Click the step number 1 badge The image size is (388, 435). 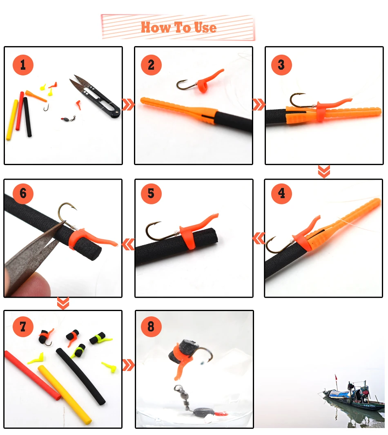point(23,65)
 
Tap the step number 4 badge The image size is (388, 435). point(281,193)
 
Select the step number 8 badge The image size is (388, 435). point(151,327)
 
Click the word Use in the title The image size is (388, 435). point(205,28)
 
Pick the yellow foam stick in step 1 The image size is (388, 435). point(12,120)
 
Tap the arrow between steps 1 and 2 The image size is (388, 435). point(128,105)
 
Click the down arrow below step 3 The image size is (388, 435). point(324,172)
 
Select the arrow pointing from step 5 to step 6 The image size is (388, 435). point(128,245)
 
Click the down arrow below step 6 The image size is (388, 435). point(63,303)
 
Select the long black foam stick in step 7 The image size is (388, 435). point(80,376)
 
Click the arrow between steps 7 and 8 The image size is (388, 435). point(128,365)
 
